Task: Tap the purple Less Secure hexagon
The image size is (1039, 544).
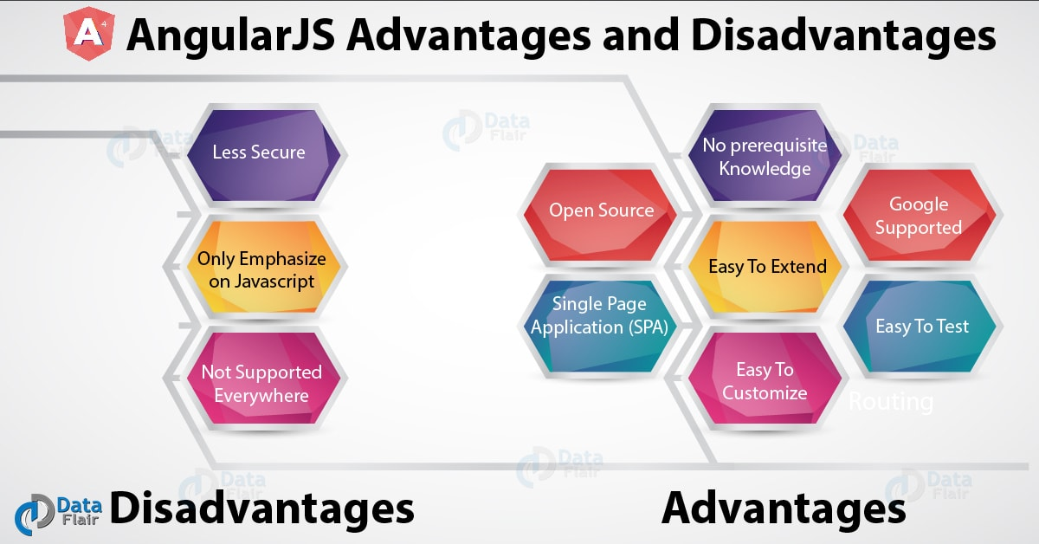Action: click(x=259, y=152)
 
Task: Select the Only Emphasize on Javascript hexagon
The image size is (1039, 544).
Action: click(x=259, y=269)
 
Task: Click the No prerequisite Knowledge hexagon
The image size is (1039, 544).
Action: click(x=764, y=157)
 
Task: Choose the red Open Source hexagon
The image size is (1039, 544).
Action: click(x=602, y=210)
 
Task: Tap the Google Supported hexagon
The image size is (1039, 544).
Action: click(x=919, y=216)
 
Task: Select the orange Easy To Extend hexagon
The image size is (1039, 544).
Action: click(x=767, y=267)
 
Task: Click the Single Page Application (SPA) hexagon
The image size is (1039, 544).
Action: click(x=601, y=316)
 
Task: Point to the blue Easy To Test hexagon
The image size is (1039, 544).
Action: click(x=921, y=327)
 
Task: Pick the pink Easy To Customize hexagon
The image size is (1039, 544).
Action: click(x=765, y=381)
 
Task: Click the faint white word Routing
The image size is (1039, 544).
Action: click(x=890, y=402)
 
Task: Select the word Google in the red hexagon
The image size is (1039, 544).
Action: click(x=919, y=204)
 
